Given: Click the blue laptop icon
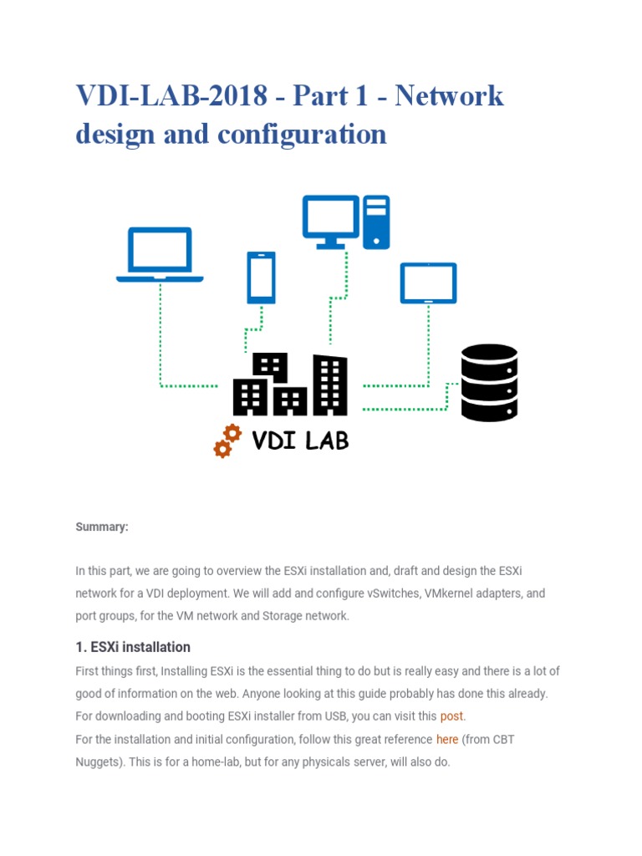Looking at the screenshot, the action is click(160, 254).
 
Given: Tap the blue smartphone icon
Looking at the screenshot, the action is click(261, 278).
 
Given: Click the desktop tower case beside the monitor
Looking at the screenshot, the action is click(376, 221).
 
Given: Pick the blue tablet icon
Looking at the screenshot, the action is click(428, 283).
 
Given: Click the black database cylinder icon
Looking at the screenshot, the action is click(489, 383).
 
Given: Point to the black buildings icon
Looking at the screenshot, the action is click(289, 385).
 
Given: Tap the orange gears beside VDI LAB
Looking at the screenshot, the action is click(227, 441).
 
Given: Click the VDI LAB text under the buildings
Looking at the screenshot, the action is click(300, 441).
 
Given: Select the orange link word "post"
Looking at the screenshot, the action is click(451, 716).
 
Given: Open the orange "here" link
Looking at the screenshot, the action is click(447, 739).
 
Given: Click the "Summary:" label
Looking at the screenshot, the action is click(102, 527).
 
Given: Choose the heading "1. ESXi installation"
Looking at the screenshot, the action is click(133, 647).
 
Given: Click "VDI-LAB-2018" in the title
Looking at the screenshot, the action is click(171, 96).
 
